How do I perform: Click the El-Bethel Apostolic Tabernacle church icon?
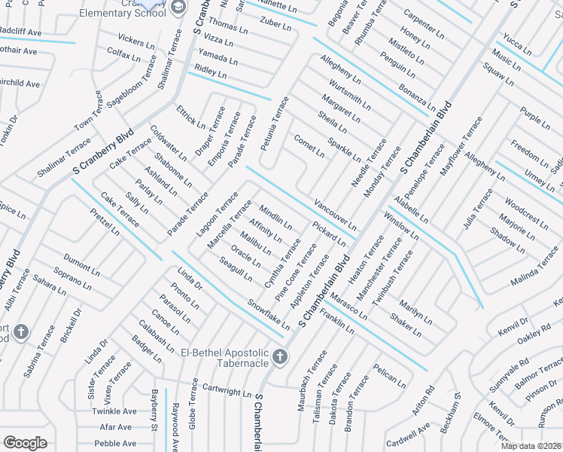[280, 356]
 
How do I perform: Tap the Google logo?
[26, 443]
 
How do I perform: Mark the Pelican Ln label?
[389, 377]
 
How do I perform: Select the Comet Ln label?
[309, 146]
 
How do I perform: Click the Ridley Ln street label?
[211, 72]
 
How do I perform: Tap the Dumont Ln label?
[77, 264]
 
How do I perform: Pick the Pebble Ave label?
[116, 444]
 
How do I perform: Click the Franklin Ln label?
[336, 322]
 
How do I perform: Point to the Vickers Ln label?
[136, 41]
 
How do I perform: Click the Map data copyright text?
[531, 446]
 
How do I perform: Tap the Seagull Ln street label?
[236, 270]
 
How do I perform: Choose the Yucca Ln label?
[518, 46]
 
